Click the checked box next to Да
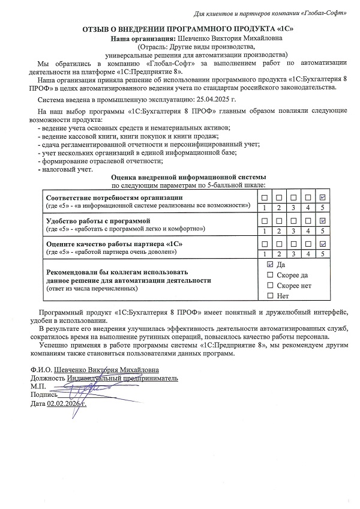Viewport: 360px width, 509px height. point(269,264)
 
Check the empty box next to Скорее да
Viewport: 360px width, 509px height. point(269,275)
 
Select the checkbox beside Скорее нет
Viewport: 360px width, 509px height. point(269,285)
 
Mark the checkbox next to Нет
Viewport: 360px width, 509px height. point(269,296)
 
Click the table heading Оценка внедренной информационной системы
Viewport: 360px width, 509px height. point(188,178)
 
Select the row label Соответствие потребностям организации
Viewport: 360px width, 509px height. point(115,197)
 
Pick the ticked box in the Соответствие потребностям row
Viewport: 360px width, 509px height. point(323,197)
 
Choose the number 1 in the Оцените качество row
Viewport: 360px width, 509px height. point(264,254)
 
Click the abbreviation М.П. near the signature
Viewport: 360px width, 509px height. point(39,387)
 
